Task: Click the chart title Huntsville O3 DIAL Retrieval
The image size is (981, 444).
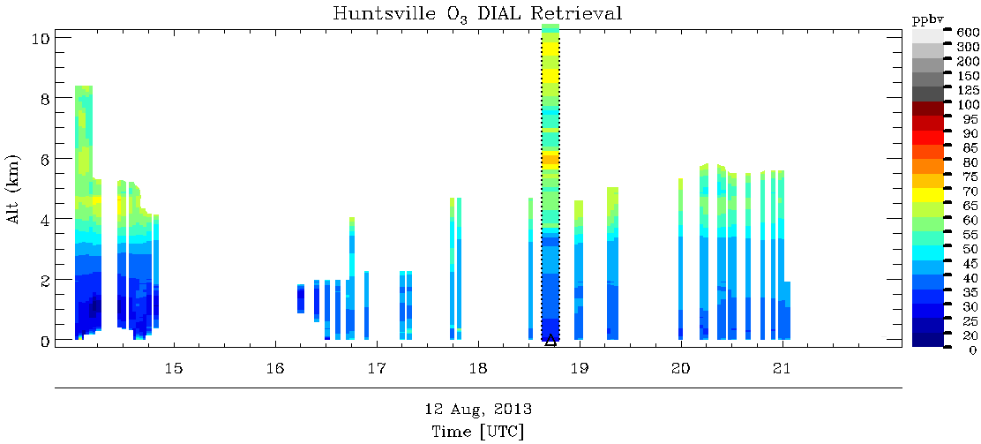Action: click(x=477, y=13)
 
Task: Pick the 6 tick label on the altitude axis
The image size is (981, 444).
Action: click(x=44, y=158)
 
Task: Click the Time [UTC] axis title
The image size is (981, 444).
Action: click(x=477, y=432)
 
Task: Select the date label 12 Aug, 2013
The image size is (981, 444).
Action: click(x=477, y=410)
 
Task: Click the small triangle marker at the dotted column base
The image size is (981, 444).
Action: click(x=550, y=339)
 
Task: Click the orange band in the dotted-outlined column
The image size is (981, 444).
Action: click(x=550, y=160)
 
